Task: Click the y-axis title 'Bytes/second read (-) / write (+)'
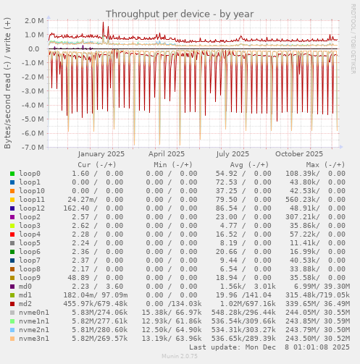click(x=8, y=83)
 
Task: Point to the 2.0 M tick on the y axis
click(x=33, y=21)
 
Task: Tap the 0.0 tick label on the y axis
click(x=38, y=49)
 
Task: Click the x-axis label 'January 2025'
click(x=101, y=154)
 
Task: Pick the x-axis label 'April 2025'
click(x=166, y=154)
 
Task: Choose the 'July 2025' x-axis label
click(x=233, y=154)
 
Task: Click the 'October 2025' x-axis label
click(x=298, y=154)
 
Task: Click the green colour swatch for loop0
click(x=12, y=174)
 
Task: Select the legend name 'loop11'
click(x=32, y=200)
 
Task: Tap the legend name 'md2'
click(x=25, y=304)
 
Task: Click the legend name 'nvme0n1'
click(x=34, y=313)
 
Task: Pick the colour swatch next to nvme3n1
click(x=12, y=339)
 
